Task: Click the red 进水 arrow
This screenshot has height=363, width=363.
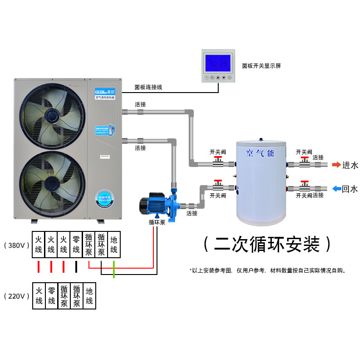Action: click(x=336, y=165)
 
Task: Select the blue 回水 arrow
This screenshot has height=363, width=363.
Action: click(x=336, y=189)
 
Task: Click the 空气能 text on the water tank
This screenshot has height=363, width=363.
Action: click(x=260, y=153)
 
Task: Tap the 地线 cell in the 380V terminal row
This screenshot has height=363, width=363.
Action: click(x=114, y=245)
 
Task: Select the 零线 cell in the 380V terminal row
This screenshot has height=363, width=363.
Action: click(x=76, y=245)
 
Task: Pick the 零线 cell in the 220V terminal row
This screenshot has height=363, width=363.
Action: click(x=51, y=296)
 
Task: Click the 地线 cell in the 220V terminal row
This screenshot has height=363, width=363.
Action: click(x=89, y=296)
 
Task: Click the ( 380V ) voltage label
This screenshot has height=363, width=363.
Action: click(x=16, y=245)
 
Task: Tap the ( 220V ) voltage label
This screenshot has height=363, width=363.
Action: click(x=16, y=296)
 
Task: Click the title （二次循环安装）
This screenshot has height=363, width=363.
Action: click(x=267, y=245)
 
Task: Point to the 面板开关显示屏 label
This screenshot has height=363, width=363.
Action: click(x=261, y=66)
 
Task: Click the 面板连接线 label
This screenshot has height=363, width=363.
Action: click(x=148, y=87)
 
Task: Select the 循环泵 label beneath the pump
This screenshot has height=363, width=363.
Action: click(x=156, y=222)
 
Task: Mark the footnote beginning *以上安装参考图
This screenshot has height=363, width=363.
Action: click(x=268, y=270)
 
